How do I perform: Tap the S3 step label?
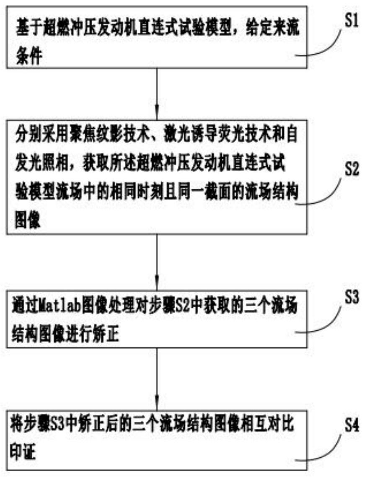pos(352,297)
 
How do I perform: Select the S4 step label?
pos(352,425)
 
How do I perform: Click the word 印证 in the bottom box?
pos(23,451)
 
